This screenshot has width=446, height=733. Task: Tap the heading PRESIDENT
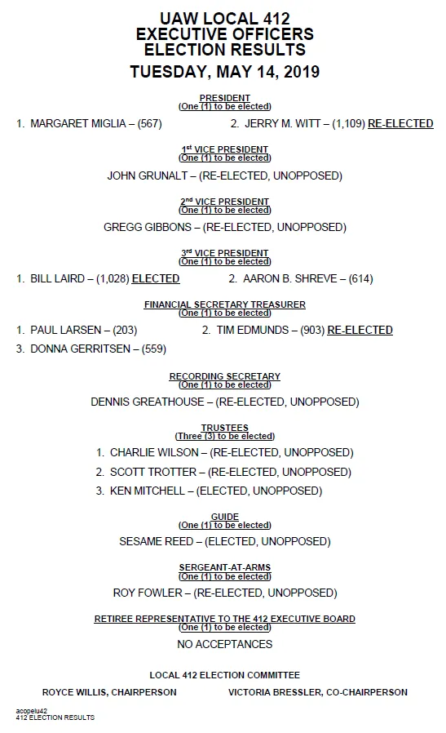pyautogui.click(x=224, y=98)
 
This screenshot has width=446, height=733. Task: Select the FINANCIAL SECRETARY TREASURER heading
pyautogui.click(x=224, y=304)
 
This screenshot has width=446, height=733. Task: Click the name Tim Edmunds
pyautogui.click(x=252, y=331)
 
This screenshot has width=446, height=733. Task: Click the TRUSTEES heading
pyautogui.click(x=224, y=428)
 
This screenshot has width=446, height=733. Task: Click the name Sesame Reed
pyautogui.click(x=157, y=541)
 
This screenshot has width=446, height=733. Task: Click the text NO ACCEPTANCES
pyautogui.click(x=224, y=644)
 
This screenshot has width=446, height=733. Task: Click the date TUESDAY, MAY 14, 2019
pyautogui.click(x=224, y=72)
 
